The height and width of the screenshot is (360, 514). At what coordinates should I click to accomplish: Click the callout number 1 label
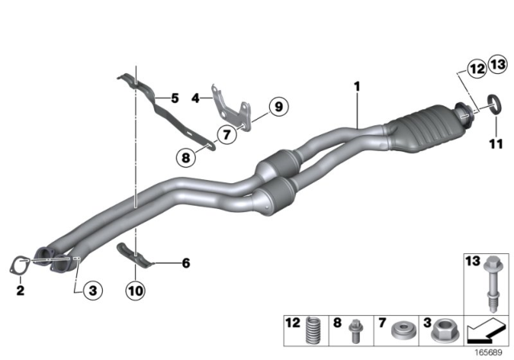pos(356,84)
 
